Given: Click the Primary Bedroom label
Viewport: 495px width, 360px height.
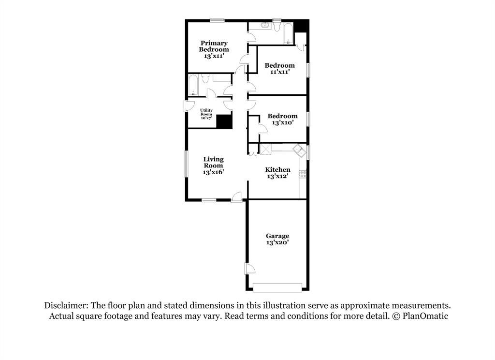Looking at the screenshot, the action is [x=214, y=46].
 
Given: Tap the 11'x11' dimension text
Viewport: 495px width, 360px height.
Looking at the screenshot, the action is [x=280, y=72].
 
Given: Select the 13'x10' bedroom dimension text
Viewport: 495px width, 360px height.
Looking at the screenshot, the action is [x=282, y=122].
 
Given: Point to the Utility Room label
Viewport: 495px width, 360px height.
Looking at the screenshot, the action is [x=206, y=112].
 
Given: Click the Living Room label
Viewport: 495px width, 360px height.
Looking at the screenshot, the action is [x=213, y=162].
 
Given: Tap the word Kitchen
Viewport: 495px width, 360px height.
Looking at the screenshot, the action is [x=277, y=169].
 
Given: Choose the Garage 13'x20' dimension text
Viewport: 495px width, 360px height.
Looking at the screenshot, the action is [x=277, y=242].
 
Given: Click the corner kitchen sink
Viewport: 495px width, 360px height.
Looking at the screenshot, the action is [x=299, y=150].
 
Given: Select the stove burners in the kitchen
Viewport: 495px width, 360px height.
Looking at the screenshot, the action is [x=303, y=174].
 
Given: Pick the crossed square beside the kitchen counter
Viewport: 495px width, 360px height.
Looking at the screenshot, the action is [x=265, y=149].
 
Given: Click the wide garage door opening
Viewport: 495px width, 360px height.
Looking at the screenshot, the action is [x=277, y=287].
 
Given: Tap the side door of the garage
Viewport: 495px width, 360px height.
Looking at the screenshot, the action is [x=249, y=269].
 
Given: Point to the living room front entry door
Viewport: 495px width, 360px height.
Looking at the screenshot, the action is [x=236, y=197].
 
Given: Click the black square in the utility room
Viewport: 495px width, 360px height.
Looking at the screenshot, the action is [x=224, y=121].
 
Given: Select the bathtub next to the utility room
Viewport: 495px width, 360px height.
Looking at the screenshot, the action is [x=193, y=85].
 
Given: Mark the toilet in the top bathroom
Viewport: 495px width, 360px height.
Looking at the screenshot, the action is [x=277, y=26].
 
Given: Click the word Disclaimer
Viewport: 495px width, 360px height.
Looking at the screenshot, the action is [x=66, y=306].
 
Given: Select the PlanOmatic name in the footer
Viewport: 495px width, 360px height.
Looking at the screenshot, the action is [x=425, y=316].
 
